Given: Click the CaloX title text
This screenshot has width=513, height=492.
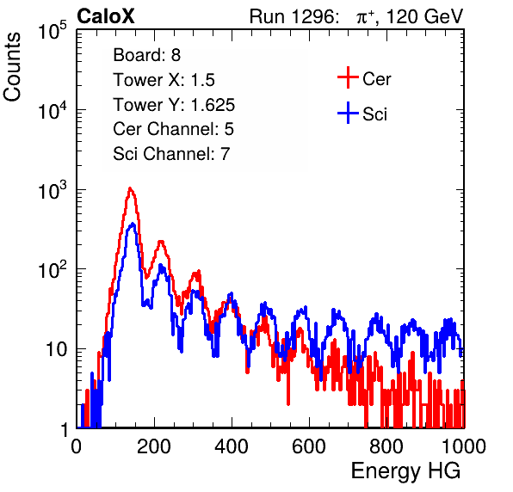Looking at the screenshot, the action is pyautogui.click(x=106, y=16).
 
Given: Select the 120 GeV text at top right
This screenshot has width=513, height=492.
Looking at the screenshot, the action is pyautogui.click(x=425, y=16).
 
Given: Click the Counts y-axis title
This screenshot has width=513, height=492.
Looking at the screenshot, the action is pyautogui.click(x=12, y=67).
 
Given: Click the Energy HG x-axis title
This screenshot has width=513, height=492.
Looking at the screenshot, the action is pyautogui.click(x=406, y=471).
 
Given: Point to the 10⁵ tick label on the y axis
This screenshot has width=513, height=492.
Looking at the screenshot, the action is pyautogui.click(x=53, y=31).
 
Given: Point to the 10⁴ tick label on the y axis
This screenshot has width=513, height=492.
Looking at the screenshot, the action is pyautogui.click(x=53, y=110).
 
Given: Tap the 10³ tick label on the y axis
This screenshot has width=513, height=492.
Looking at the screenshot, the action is pyautogui.click(x=53, y=190).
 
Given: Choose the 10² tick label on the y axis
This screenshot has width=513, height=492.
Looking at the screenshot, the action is pyautogui.click(x=53, y=270).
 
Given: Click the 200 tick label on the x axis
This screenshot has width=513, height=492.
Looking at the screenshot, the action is pyautogui.click(x=154, y=446).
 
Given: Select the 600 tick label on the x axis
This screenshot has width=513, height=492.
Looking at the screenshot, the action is pyautogui.click(x=309, y=446).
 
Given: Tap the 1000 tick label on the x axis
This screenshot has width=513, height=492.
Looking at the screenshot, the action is pyautogui.click(x=464, y=446).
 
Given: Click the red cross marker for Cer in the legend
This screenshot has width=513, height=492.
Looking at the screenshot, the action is pyautogui.click(x=348, y=77).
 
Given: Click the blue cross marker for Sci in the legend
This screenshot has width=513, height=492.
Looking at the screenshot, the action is pyautogui.click(x=348, y=113).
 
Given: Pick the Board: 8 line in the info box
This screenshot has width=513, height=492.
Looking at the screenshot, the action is pyautogui.click(x=147, y=55).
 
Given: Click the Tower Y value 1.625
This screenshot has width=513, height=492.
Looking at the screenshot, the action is pyautogui.click(x=213, y=105).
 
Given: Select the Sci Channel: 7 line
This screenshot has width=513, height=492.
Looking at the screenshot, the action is pyautogui.click(x=171, y=154).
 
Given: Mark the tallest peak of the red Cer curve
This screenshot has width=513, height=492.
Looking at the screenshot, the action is pyautogui.click(x=130, y=188).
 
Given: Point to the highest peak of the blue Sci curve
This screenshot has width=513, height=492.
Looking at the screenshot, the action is pyautogui.click(x=133, y=224).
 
